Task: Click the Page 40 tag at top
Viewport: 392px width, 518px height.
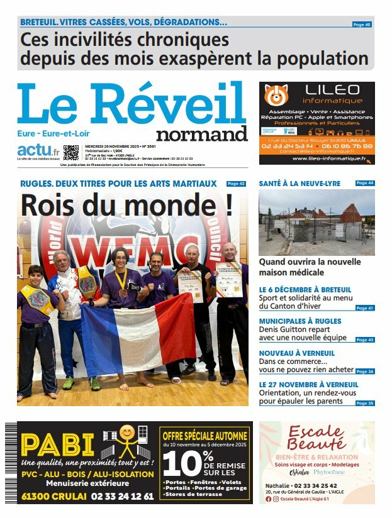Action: (362, 25)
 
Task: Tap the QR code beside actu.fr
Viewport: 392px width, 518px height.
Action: (71, 152)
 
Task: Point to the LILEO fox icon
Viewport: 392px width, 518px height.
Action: (275, 95)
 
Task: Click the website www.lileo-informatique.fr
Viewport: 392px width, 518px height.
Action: (327, 159)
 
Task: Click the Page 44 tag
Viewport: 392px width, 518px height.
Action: (364, 183)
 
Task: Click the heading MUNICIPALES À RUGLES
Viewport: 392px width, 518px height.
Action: (300, 321)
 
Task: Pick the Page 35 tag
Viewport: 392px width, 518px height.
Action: (364, 403)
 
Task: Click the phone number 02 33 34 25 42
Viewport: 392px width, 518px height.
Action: (324, 486)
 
